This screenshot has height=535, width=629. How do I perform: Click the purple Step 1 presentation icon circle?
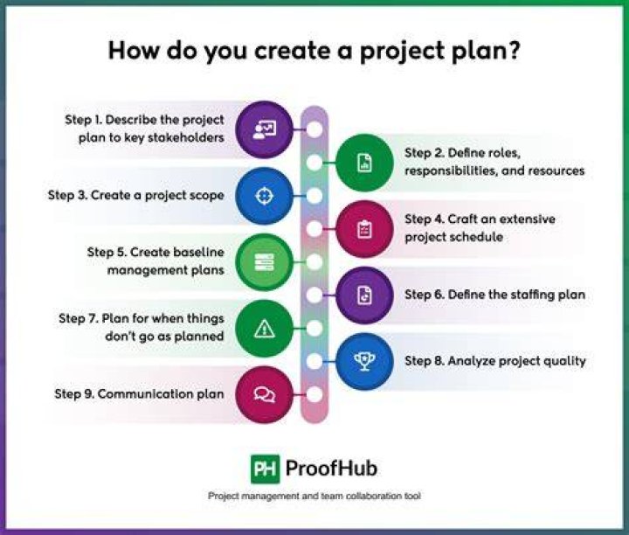coord(264,129)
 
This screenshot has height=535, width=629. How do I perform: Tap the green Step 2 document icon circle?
coord(364,163)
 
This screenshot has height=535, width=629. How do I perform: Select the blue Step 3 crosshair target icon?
coord(264,196)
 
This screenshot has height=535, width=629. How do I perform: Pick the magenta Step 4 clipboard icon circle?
coord(364,229)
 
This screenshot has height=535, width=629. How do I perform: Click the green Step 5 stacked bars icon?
coord(264,262)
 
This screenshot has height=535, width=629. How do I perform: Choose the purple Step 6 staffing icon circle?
coord(364,295)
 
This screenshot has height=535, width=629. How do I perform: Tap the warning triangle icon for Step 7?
coord(264,329)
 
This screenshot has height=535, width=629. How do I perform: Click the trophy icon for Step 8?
coord(364,362)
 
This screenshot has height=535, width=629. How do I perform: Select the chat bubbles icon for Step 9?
coord(264,395)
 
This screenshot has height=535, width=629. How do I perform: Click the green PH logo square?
coord(266,469)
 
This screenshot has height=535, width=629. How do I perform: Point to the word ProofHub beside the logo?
coord(331,469)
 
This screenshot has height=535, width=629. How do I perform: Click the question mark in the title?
coord(512,50)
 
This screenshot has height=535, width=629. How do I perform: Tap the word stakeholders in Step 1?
coord(186,137)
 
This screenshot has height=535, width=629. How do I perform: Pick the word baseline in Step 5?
coord(197,252)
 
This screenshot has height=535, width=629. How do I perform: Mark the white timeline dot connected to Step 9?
coord(314,394)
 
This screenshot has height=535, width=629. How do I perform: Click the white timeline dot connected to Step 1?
coord(314,129)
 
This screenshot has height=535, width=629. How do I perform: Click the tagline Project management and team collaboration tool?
coord(314,496)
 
